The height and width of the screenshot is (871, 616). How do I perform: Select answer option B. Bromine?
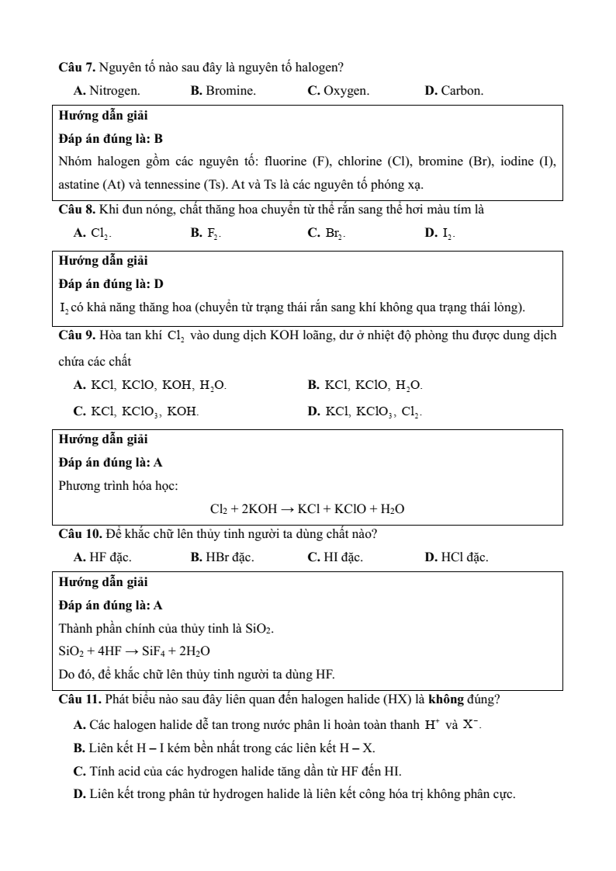tap(223, 91)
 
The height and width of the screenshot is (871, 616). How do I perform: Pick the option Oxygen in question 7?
tap(338, 91)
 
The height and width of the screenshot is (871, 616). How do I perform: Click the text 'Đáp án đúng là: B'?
tap(111, 139)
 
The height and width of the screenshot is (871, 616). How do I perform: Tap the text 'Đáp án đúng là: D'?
tap(111, 283)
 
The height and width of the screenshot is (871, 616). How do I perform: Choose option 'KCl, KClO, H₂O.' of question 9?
tap(365, 384)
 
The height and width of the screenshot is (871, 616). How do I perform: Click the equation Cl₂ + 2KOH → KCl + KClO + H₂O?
tap(307, 509)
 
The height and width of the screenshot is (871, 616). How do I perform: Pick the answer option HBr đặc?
tap(223, 557)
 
